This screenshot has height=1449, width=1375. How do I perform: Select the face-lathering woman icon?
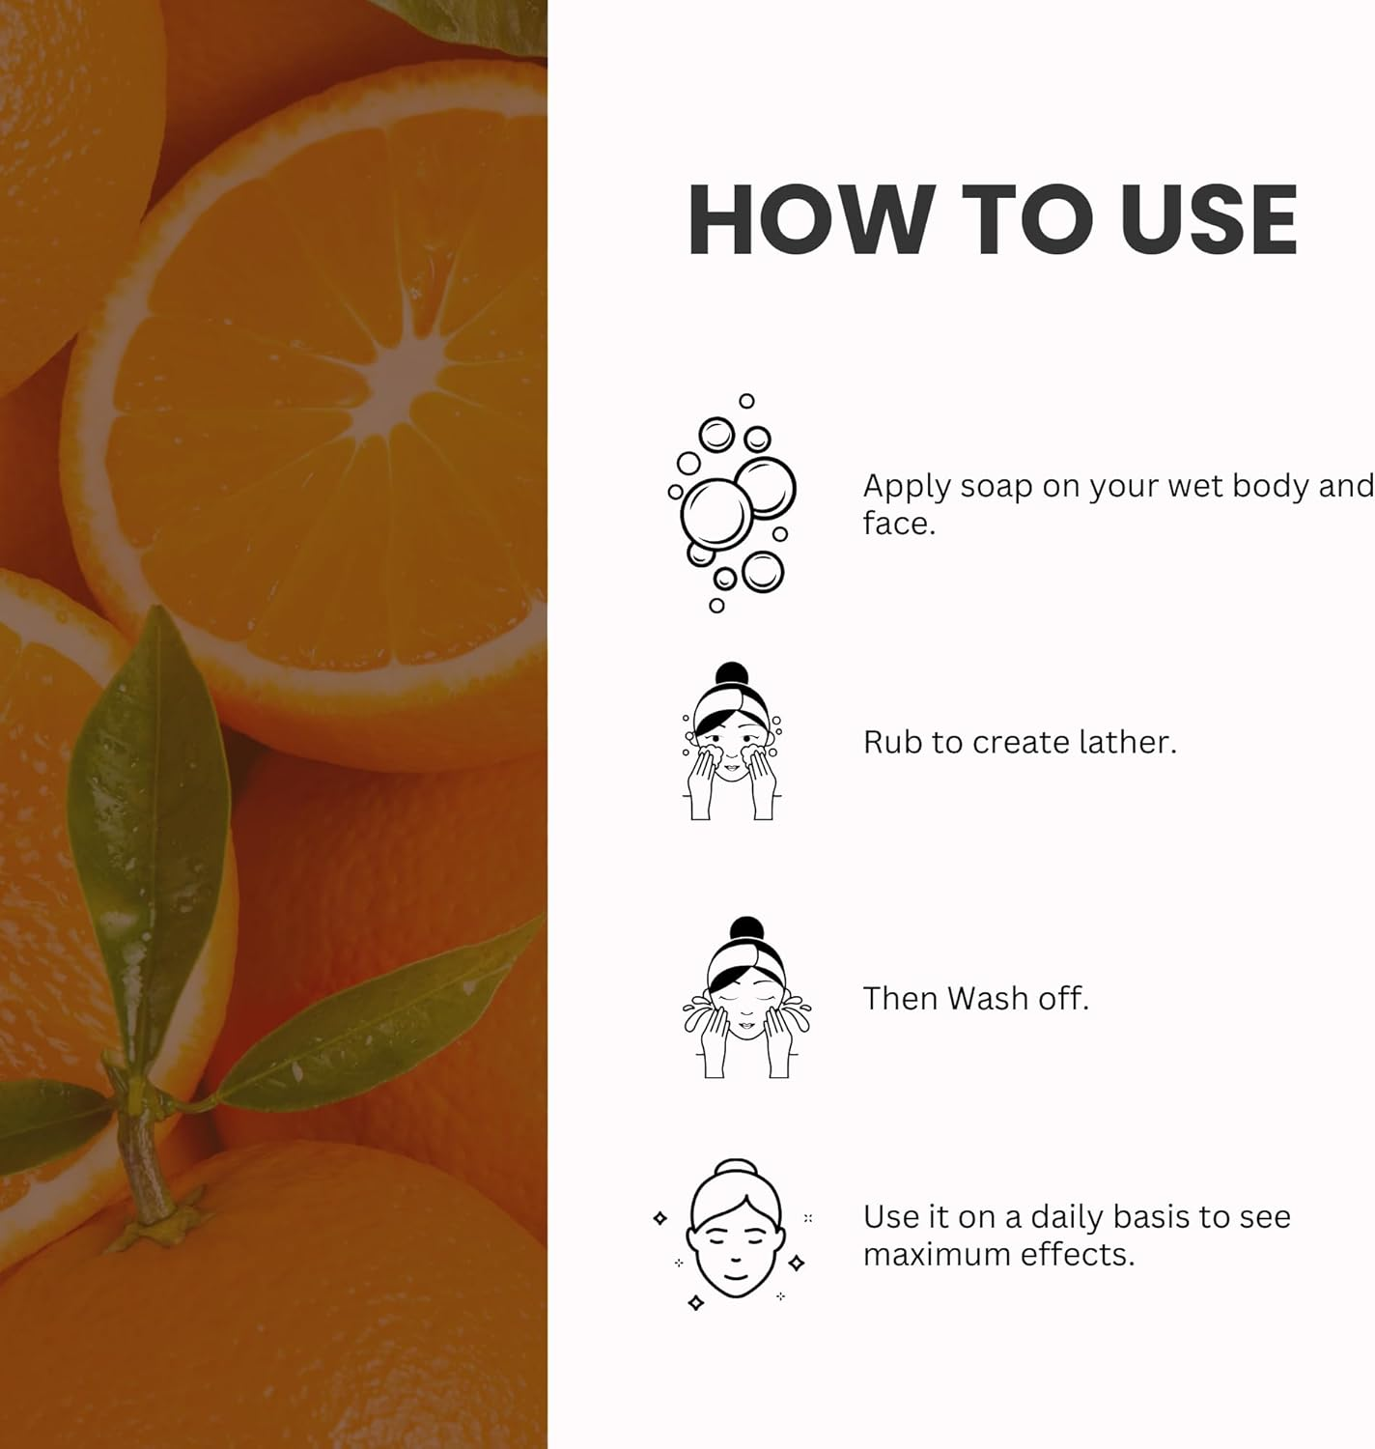pos(733,743)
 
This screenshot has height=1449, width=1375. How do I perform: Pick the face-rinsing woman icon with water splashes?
pos(746,999)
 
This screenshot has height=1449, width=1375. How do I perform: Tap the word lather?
pos(1128,742)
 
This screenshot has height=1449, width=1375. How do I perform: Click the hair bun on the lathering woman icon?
pos(732,674)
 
